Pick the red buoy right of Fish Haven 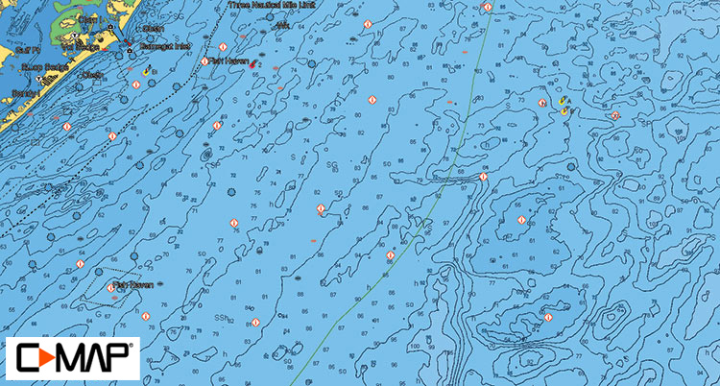coord(252,64)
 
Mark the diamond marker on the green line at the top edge coord(488,8)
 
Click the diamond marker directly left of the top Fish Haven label coord(204,61)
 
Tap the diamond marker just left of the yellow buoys coord(542,102)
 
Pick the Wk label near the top coord(281,26)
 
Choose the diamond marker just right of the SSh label coord(255,322)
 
